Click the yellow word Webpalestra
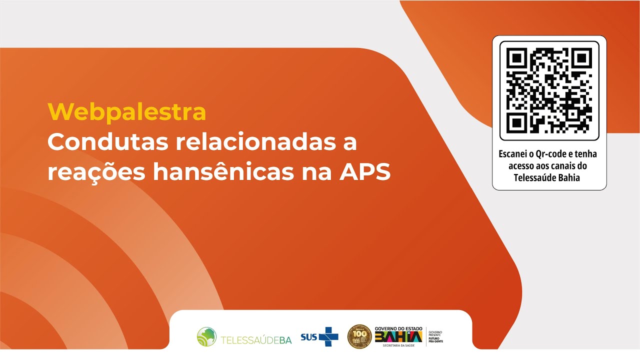126,112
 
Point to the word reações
95,172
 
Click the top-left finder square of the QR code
517,58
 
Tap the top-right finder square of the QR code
581,58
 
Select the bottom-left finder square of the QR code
517,122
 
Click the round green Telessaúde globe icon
206,336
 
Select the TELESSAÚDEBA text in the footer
256,340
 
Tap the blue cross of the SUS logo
328,336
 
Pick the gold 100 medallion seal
359,336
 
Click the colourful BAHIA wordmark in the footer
398,336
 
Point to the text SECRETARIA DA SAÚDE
398,345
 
